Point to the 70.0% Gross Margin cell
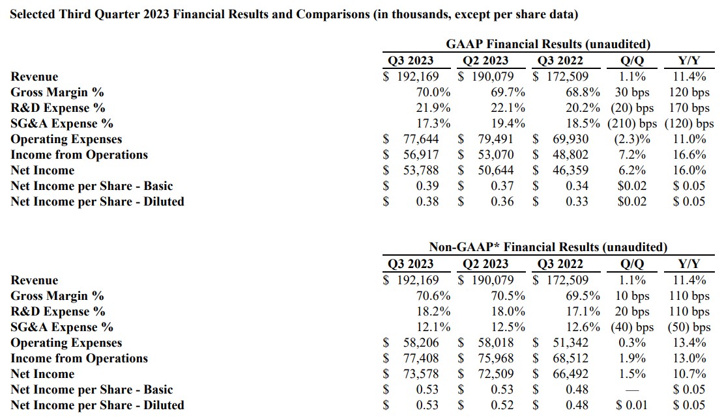click(433, 92)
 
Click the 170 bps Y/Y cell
click(689, 108)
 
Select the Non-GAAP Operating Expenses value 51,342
click(570, 343)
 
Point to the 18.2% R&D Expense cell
click(433, 312)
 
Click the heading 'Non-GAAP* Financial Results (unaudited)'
click(548, 247)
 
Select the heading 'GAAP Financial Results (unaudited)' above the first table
click(548, 44)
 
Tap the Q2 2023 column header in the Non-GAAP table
click(485, 263)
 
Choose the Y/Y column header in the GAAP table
click(689, 61)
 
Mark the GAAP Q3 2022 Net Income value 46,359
click(570, 170)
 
